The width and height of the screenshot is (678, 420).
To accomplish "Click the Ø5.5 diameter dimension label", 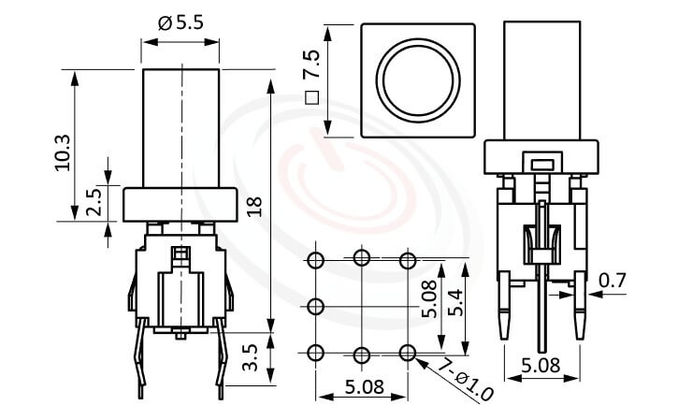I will point(181,23).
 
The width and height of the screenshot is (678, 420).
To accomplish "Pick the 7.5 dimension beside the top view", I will point(313,63).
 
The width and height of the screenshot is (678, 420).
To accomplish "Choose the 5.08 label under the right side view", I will point(541,366).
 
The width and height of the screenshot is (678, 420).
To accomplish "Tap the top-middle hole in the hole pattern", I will point(361,258).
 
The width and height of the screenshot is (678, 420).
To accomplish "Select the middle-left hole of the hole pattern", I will point(315,305).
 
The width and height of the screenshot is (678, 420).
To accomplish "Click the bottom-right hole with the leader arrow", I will point(407,352).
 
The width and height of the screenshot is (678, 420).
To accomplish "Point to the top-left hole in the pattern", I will point(315,258).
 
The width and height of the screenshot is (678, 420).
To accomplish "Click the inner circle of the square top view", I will point(417,80).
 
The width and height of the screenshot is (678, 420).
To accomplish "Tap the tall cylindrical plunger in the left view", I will point(180,126).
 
